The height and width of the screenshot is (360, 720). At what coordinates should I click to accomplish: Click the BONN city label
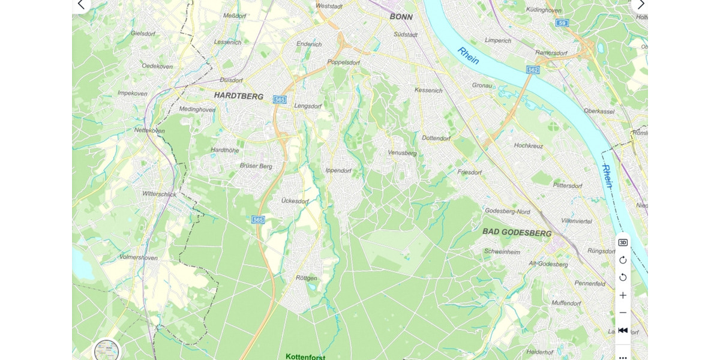click(x=401, y=17)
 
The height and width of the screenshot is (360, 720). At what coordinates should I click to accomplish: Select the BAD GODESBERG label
click(x=517, y=233)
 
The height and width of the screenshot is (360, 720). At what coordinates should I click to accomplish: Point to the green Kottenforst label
click(x=305, y=356)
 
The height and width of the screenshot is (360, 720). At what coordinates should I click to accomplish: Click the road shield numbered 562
click(x=533, y=70)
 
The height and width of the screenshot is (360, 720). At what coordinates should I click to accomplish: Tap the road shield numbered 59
click(x=562, y=23)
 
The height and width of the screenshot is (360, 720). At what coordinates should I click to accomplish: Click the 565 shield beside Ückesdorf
click(x=258, y=220)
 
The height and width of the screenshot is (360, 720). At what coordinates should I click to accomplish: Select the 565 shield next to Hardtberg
click(x=279, y=99)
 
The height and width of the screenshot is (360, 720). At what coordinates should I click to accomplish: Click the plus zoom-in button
click(x=623, y=295)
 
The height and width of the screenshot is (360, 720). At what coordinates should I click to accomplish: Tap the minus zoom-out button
click(x=623, y=313)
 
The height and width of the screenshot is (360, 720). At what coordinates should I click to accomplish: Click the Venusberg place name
click(x=402, y=153)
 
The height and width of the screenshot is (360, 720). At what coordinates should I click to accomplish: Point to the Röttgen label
click(x=306, y=278)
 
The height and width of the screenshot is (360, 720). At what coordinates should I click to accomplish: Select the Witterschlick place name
click(x=159, y=194)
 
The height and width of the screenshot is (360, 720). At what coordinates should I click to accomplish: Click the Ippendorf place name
click(x=338, y=170)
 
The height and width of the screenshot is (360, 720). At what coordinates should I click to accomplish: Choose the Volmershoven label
click(x=138, y=258)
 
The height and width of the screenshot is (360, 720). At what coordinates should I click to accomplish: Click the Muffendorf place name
click(x=566, y=303)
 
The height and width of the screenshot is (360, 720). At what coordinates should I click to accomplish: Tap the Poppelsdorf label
click(x=343, y=62)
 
